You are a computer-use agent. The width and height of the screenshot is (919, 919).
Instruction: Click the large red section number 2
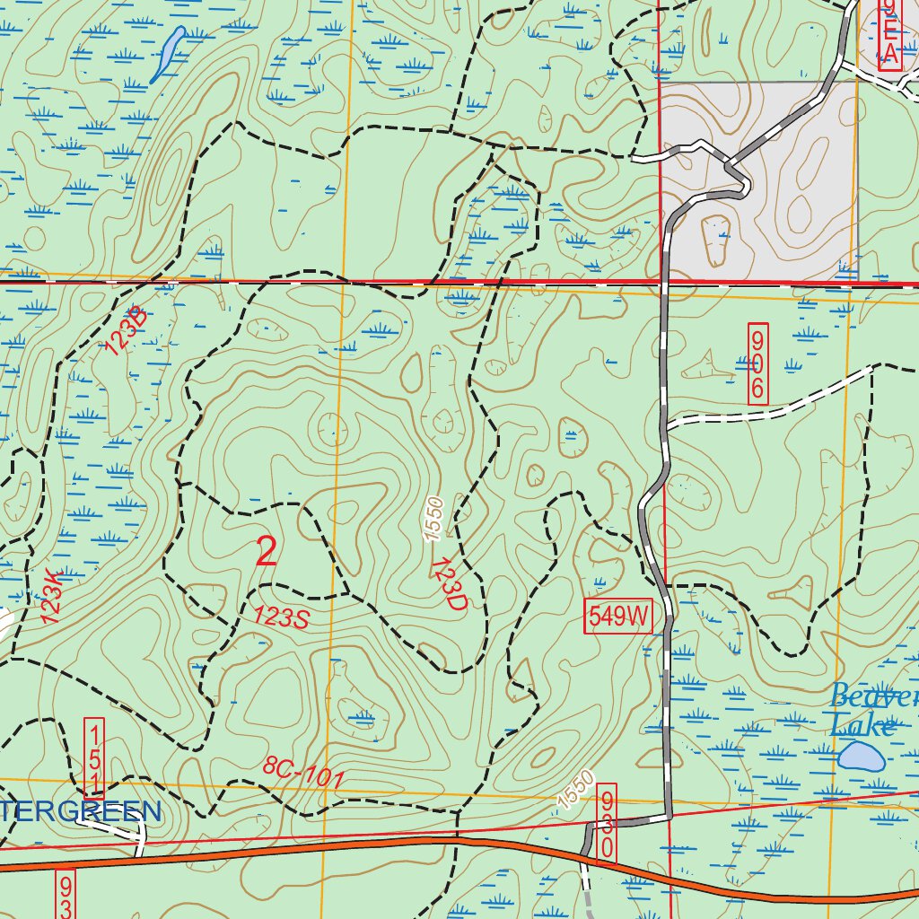point(267,551)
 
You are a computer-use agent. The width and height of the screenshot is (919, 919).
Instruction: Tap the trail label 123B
point(126,331)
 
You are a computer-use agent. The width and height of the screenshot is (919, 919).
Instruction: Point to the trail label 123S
point(281,617)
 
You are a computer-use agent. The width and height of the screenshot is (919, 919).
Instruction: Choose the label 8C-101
point(303,773)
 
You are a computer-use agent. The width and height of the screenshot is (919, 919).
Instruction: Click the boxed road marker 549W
point(618,617)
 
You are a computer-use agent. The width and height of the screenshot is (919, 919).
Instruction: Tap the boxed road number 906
point(757,363)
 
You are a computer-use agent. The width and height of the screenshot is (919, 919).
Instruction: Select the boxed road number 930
point(608,823)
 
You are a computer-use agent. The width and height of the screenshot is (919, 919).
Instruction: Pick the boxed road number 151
point(93,758)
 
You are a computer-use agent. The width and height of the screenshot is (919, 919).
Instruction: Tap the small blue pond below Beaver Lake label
point(860,756)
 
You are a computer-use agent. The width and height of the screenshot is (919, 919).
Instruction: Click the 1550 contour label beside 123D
point(434,519)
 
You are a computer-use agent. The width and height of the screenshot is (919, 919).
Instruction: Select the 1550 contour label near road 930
point(574,788)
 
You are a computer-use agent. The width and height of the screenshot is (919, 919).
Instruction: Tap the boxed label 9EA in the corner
point(888,34)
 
